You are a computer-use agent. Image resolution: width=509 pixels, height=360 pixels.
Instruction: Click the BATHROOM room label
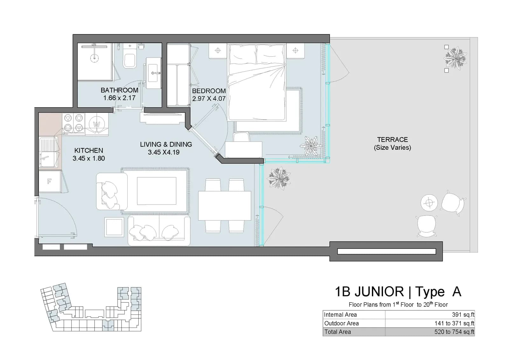point(119,90)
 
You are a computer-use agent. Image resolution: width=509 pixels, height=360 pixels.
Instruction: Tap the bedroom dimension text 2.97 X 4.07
point(209,99)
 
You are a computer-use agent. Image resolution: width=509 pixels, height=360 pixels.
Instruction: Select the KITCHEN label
point(89,150)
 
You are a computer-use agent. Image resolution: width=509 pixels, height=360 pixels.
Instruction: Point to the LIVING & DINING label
point(166,145)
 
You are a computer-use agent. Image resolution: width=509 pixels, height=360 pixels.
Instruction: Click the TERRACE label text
point(393,139)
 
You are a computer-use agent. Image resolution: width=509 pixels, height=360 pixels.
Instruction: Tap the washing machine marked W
point(97,124)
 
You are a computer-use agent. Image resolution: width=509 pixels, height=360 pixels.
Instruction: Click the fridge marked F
point(50,181)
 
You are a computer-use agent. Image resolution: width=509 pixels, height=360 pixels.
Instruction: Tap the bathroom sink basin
point(154,73)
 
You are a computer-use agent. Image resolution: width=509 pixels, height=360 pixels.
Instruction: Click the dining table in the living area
point(225,206)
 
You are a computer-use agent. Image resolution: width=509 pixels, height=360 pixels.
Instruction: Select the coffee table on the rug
point(157,191)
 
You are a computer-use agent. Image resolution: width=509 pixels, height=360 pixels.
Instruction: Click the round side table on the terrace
point(429,203)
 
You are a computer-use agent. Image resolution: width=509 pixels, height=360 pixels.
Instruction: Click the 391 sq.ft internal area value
point(463,314)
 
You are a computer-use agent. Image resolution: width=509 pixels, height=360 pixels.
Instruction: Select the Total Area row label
point(338,332)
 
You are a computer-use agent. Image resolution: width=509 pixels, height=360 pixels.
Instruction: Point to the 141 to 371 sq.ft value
point(455,323)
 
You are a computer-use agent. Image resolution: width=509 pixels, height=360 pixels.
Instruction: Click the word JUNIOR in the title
point(379,292)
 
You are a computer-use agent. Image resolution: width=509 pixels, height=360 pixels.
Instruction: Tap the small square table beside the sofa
point(114,227)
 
